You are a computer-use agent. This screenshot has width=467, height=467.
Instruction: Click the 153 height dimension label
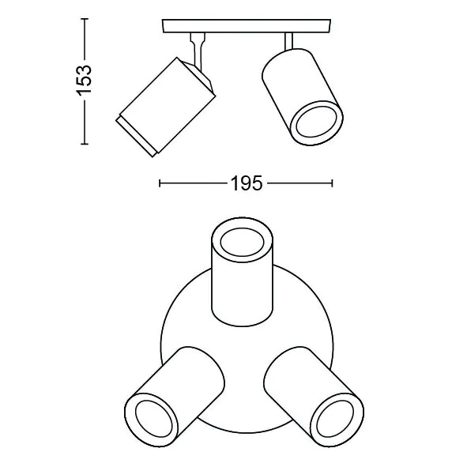[84, 80]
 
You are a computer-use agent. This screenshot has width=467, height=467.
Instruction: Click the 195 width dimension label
[247, 183]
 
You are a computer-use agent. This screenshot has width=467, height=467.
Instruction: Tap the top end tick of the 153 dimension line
[85, 19]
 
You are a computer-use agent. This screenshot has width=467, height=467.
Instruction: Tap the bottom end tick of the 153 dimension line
[85, 144]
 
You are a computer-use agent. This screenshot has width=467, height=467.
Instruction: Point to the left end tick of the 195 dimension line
[160, 183]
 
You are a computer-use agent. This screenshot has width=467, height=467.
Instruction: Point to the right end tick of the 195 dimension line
[332, 183]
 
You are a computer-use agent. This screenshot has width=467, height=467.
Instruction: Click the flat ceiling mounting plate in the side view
[247, 26]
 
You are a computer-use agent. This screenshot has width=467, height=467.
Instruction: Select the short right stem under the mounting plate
[288, 41]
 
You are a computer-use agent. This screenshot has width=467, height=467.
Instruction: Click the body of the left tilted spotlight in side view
[168, 105]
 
